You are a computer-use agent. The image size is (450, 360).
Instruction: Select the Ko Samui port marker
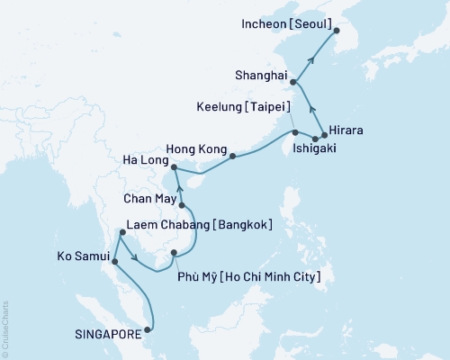pyautogui.click(x=115, y=263)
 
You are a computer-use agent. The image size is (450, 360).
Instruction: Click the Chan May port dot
pyautogui.click(x=182, y=205)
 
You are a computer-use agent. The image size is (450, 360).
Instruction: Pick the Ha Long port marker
pyautogui.click(x=174, y=166)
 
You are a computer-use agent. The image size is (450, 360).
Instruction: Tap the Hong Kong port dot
pyautogui.click(x=232, y=157)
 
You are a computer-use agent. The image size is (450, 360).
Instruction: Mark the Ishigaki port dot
pyautogui.click(x=315, y=139)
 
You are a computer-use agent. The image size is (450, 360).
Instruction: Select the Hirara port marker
pyautogui.click(x=325, y=134)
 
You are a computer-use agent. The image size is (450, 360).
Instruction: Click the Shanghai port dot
pyautogui.click(x=293, y=82)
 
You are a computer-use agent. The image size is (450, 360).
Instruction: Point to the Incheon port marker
pyautogui.click(x=337, y=31)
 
